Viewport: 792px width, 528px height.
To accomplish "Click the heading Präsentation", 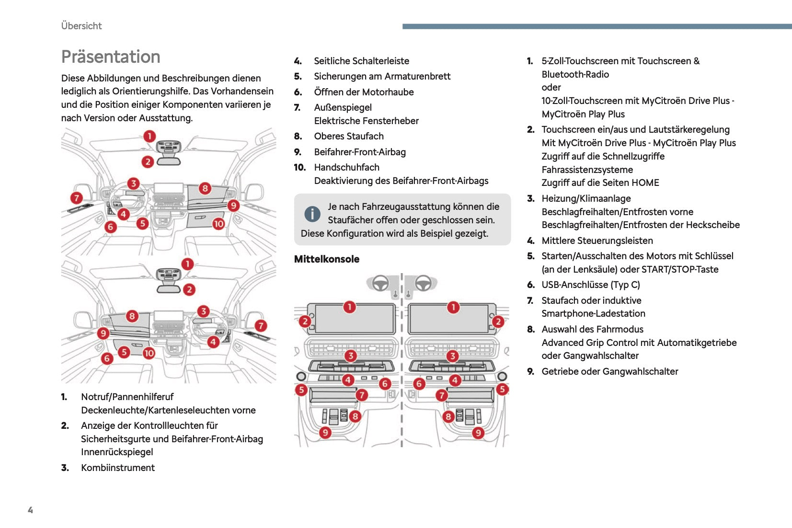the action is click(x=111, y=57).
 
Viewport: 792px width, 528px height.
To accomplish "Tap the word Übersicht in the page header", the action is click(x=81, y=26).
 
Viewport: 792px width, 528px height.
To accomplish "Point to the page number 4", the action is click(x=30, y=510).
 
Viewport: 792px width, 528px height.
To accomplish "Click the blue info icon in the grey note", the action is click(x=312, y=214).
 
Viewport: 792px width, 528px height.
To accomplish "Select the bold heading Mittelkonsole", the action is click(x=327, y=259).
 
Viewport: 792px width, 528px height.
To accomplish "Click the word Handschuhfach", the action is click(x=346, y=167).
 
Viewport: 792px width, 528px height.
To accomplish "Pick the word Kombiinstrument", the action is click(x=118, y=468).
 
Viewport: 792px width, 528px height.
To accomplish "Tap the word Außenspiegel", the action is click(x=343, y=107).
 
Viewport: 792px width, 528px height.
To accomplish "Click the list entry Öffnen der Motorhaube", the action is click(x=364, y=92).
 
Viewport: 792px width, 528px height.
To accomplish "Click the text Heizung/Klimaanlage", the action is click(x=586, y=198).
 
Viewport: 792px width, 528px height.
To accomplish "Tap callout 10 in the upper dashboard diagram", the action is click(x=218, y=223).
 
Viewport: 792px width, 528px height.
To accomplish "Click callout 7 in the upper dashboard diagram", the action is click(x=76, y=198).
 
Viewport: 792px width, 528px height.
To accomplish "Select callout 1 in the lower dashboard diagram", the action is click(x=187, y=264).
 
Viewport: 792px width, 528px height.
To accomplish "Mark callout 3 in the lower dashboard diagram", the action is click(x=203, y=311).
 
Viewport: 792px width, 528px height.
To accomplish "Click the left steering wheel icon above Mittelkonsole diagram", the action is click(x=380, y=283).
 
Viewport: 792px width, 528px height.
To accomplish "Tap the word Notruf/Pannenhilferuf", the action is click(x=127, y=397).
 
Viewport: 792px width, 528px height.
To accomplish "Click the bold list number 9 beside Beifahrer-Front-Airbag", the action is click(x=298, y=152).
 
